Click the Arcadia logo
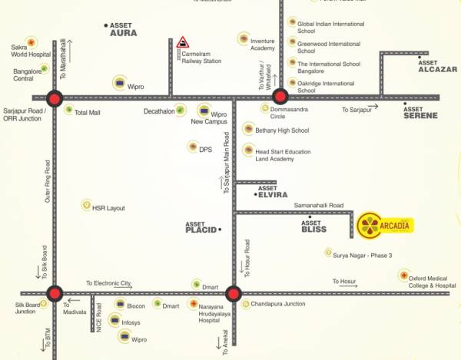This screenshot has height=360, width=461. tap(387, 225)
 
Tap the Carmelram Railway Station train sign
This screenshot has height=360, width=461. tap(183, 43)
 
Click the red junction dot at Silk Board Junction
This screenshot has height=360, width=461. tap(55, 293)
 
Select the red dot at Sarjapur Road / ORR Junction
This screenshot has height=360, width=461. tap(55, 97)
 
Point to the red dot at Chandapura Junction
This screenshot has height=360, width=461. tap(234, 293)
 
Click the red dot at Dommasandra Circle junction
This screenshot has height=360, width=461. tap(280, 97)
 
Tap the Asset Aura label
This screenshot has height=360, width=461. tap(123, 30)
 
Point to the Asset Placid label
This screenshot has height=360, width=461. tap(202, 228)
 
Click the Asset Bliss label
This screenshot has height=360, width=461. tap(313, 226)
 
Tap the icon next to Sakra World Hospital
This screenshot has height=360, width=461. tap(31, 41)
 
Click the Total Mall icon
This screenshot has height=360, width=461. tap(68, 111)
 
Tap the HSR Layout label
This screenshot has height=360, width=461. tap(108, 208)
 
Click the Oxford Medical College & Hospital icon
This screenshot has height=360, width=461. tap(403, 275)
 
